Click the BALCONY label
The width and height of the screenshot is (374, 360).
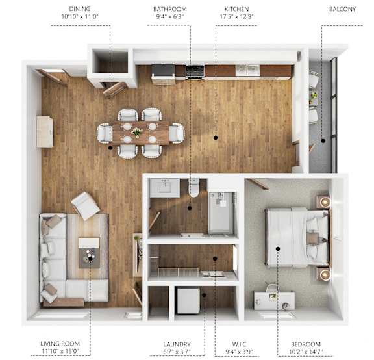click(x=342, y=9)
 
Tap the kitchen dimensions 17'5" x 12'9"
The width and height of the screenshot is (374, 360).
click(x=236, y=17)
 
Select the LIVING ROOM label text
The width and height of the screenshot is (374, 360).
click(x=60, y=344)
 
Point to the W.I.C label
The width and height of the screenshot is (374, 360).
click(x=239, y=344)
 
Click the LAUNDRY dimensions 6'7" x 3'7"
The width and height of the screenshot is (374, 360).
click(x=177, y=352)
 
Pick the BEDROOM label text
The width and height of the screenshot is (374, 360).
click(x=306, y=344)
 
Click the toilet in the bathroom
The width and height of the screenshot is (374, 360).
click(x=194, y=188)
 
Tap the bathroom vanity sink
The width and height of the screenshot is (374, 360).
click(x=164, y=188)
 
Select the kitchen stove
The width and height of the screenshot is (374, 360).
click(x=195, y=71)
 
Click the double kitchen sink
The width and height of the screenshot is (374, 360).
click(x=247, y=70)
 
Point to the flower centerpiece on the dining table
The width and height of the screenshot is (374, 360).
click(x=136, y=131)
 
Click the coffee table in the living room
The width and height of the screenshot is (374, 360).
click(x=89, y=253)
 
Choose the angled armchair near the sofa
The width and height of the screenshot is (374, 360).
click(x=85, y=206)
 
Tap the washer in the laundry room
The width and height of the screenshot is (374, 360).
click(x=188, y=301)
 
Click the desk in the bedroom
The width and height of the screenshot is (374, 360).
click(x=274, y=300)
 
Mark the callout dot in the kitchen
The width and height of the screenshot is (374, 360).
click(x=216, y=138)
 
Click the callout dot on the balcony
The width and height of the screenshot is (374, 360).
click(x=323, y=140)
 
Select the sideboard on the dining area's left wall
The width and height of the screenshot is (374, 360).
click(x=45, y=131)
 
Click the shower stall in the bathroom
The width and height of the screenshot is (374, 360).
click(x=221, y=212)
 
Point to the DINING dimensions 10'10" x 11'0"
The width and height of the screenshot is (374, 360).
click(x=80, y=16)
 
